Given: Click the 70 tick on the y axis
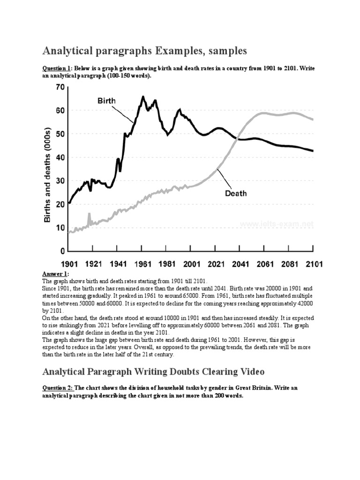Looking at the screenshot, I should click(59, 87).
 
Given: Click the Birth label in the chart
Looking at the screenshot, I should click(106, 100).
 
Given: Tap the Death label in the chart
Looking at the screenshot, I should click(235, 193).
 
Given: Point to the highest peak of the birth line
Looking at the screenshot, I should click(143, 97).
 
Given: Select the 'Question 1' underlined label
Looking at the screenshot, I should click(56, 69).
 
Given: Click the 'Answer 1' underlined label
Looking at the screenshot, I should click(55, 273).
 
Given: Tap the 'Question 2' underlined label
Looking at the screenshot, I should click(57, 388).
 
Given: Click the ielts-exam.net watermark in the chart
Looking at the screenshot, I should click(277, 225).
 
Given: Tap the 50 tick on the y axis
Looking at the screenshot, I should click(59, 134).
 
